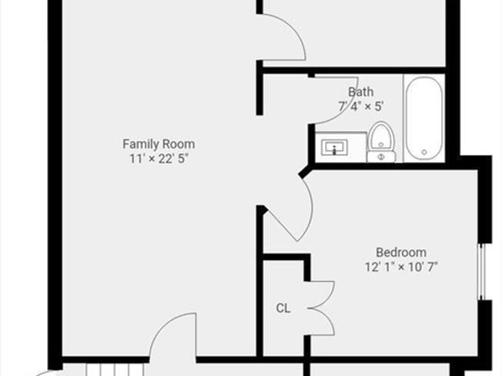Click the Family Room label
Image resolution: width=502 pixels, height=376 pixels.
pos(158,144)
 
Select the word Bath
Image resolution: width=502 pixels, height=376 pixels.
pos(360,91)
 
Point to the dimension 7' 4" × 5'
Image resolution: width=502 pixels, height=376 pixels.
pos(360,106)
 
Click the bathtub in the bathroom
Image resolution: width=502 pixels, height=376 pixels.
pos(423,118)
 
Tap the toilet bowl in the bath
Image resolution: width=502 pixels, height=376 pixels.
pos(381,136)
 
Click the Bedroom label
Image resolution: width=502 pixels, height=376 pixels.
pos(401,252)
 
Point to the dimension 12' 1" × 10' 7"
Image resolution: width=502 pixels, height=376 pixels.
pos(401,267)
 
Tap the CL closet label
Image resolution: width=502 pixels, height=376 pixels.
pos(283,309)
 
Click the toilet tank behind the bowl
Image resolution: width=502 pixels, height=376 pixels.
pos(381,156)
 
